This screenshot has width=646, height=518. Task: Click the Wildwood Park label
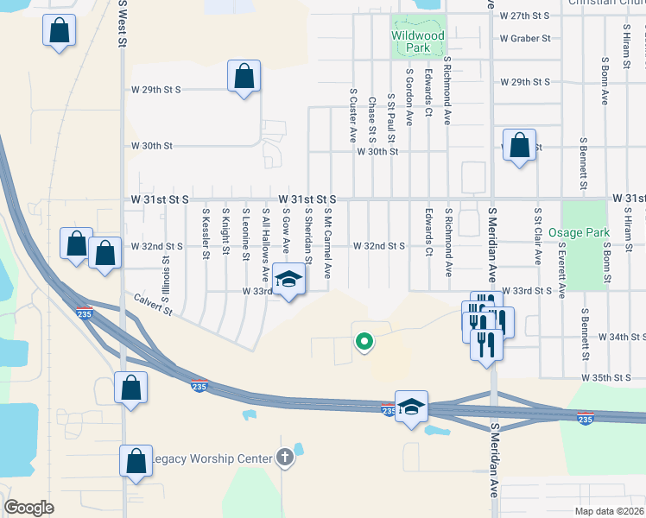pyautogui.click(x=417, y=36)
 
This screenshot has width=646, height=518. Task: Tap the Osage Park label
pyautogui.click(x=586, y=232)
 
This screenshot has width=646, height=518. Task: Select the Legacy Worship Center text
pyautogui.click(x=212, y=458)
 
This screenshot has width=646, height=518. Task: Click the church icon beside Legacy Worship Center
pyautogui.click(x=286, y=458)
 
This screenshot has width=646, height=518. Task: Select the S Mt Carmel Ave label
pyautogui.click(x=328, y=243)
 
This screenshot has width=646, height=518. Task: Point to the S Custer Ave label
pyautogui.click(x=352, y=114)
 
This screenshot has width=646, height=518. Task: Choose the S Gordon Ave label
pyautogui.click(x=409, y=98)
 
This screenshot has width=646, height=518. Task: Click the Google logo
pyautogui.click(x=28, y=507)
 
